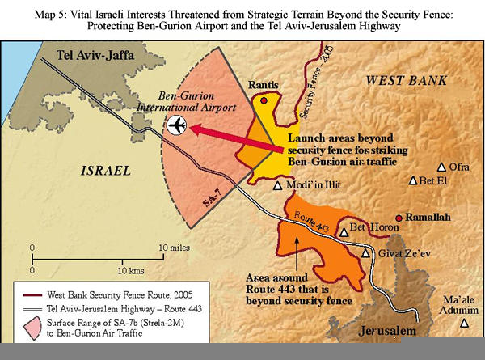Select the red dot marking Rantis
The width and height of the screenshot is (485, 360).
tap(264, 100)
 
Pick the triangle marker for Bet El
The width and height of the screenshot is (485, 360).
tap(413, 181)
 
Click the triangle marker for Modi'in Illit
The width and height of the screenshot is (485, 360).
tap(278, 185)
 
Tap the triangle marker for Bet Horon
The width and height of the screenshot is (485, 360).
tap(344, 231)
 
